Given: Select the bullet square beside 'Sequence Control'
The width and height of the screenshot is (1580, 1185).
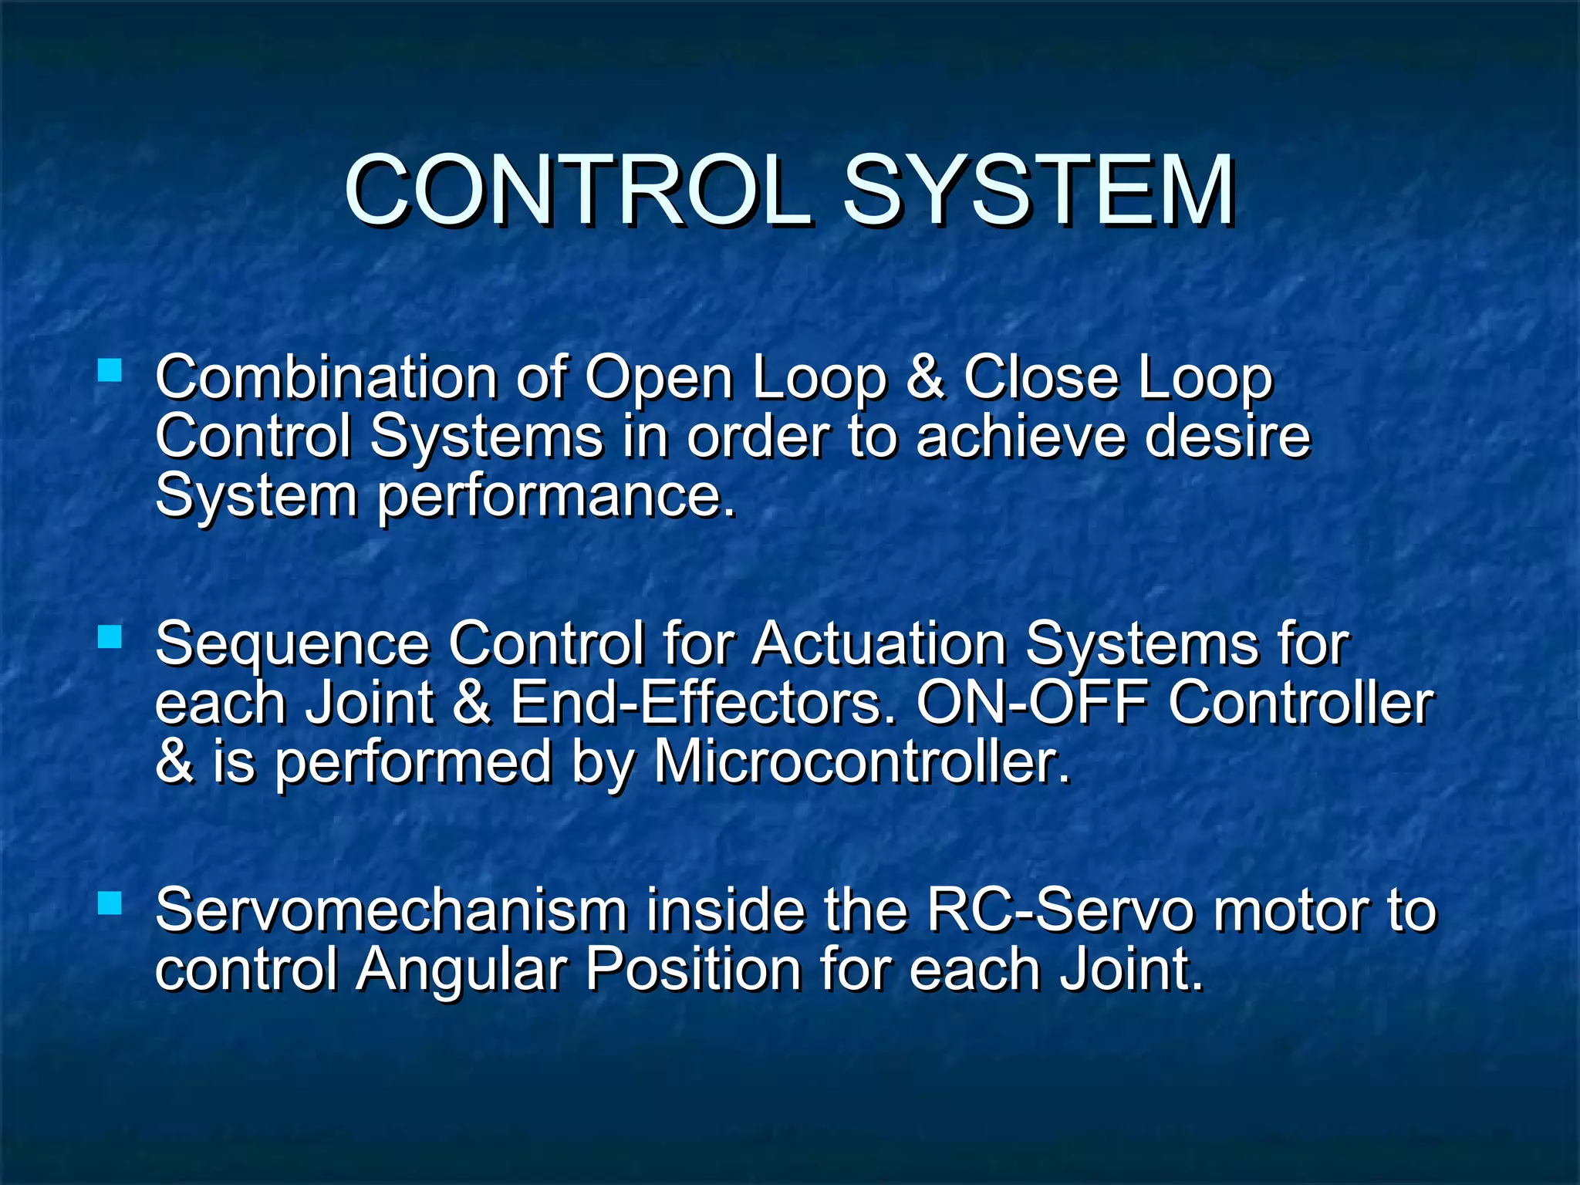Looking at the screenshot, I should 110,636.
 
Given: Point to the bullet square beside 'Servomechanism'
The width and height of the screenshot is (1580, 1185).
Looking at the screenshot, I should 110,903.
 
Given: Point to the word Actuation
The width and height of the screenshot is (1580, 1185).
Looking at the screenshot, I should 879,643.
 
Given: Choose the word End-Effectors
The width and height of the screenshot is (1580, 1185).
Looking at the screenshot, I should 703,703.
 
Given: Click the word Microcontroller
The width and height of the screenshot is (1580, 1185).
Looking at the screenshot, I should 862,762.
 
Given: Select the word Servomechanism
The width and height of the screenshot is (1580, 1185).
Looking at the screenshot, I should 391,910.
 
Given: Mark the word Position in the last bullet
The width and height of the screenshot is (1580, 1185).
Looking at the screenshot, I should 693,969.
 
